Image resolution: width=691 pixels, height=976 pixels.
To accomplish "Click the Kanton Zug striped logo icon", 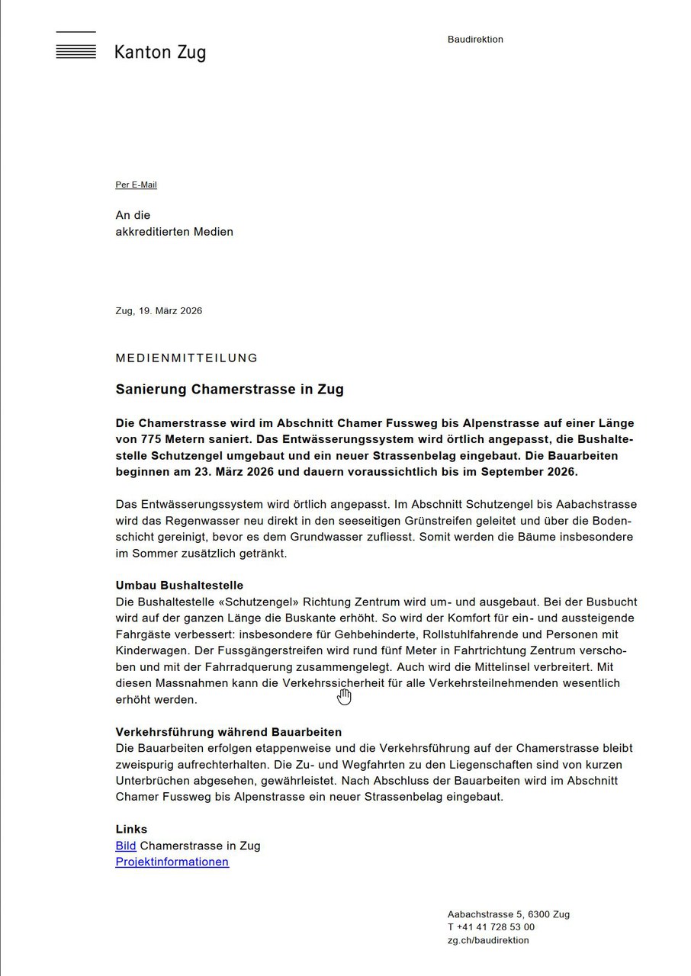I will tap(76, 47).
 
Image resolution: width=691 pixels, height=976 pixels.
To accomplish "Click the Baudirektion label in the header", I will tap(475, 40).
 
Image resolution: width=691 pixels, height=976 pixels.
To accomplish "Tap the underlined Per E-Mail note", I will tap(136, 185).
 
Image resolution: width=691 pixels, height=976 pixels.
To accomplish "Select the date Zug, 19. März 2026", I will tap(159, 311).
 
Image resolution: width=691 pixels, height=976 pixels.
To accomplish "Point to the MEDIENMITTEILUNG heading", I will tap(187, 358).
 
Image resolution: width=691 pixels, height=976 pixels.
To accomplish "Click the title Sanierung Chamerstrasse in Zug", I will tap(230, 390).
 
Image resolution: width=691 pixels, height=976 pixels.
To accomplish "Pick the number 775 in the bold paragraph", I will tap(153, 439).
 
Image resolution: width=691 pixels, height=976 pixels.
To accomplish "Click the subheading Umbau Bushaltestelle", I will tap(179, 586).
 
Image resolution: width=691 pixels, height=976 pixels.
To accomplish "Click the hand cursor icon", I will tap(345, 696).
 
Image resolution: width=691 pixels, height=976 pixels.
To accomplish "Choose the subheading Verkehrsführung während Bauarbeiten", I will tap(229, 732).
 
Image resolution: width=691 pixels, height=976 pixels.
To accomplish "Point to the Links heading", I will tap(131, 830).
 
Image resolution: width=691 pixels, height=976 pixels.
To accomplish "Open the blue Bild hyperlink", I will tap(126, 846).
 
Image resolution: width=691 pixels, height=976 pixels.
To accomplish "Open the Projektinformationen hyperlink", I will tap(172, 862).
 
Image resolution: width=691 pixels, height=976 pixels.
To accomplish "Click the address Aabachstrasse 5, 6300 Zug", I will tap(508, 915).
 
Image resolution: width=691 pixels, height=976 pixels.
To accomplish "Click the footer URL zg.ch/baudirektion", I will tap(488, 940).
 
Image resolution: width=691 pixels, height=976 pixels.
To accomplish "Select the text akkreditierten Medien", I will tap(175, 232).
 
